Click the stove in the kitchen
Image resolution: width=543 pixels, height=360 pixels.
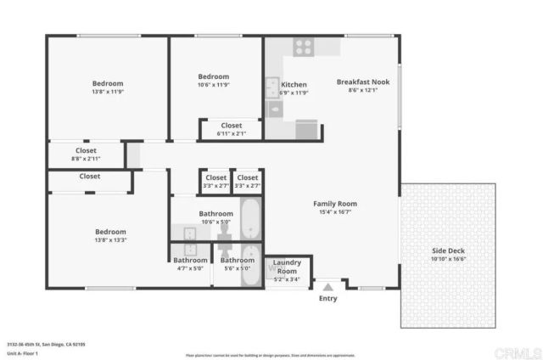(x=303, y=47)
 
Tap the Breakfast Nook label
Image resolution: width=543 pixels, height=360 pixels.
(x=362, y=82)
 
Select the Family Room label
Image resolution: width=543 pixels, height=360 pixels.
(x=335, y=204)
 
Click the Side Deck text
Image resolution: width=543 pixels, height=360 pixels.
(x=450, y=252)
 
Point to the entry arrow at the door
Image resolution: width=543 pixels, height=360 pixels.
(x=327, y=287)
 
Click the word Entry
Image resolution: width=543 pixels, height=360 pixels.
(x=327, y=298)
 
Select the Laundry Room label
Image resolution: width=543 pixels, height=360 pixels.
(x=287, y=267)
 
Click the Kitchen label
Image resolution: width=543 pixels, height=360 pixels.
(x=294, y=85)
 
